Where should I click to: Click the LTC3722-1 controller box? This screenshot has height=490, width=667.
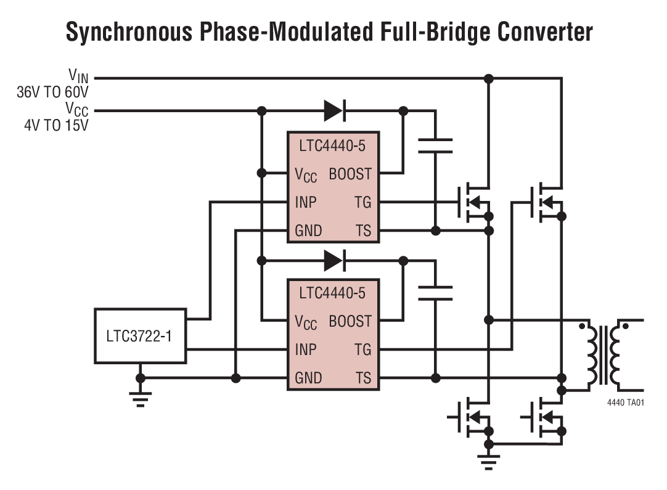point(140,337)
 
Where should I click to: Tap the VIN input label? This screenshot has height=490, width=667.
point(78,76)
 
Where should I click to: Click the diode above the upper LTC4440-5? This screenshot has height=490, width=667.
point(333,111)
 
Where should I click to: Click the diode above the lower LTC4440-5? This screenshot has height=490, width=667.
point(333,260)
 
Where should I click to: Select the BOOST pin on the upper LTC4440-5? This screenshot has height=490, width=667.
point(350,174)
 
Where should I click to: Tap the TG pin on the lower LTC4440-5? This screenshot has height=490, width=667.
point(362,349)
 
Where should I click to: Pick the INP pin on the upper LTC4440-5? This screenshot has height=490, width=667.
point(306,202)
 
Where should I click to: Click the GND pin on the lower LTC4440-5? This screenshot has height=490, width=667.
point(308,378)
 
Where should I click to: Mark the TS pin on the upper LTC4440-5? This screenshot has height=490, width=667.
point(363,231)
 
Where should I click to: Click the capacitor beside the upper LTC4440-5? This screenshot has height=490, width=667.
point(435,146)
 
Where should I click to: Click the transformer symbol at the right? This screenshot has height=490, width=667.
point(604,354)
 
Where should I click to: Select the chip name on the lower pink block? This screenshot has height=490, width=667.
point(332,293)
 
